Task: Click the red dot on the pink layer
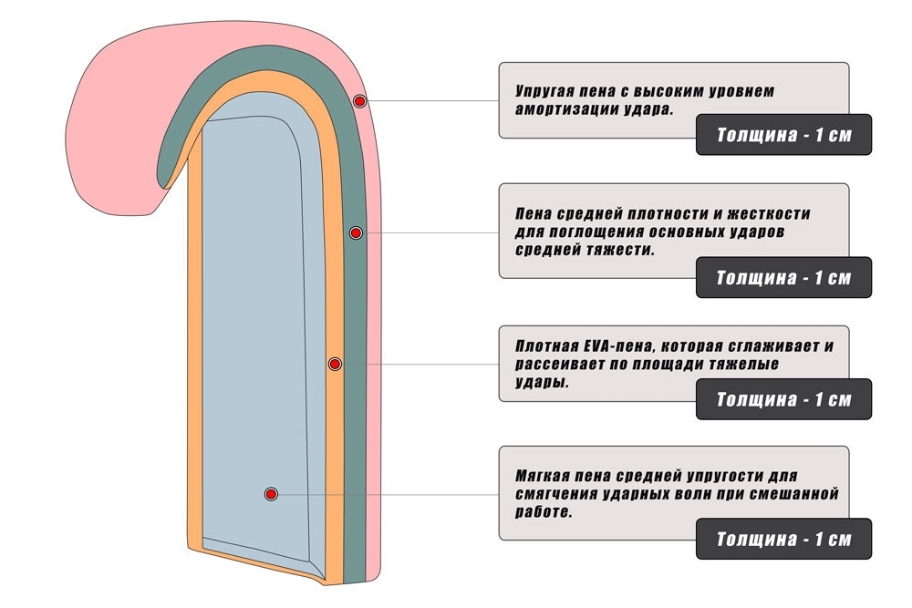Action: [360, 100]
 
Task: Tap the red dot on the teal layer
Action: [356, 233]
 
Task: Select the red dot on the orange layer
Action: [335, 365]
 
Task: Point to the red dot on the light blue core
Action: [271, 494]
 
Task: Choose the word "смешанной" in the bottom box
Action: [797, 494]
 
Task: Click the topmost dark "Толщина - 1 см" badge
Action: [783, 135]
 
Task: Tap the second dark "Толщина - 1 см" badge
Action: [783, 278]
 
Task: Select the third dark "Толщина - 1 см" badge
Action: [783, 399]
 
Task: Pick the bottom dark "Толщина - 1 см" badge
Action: [783, 539]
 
